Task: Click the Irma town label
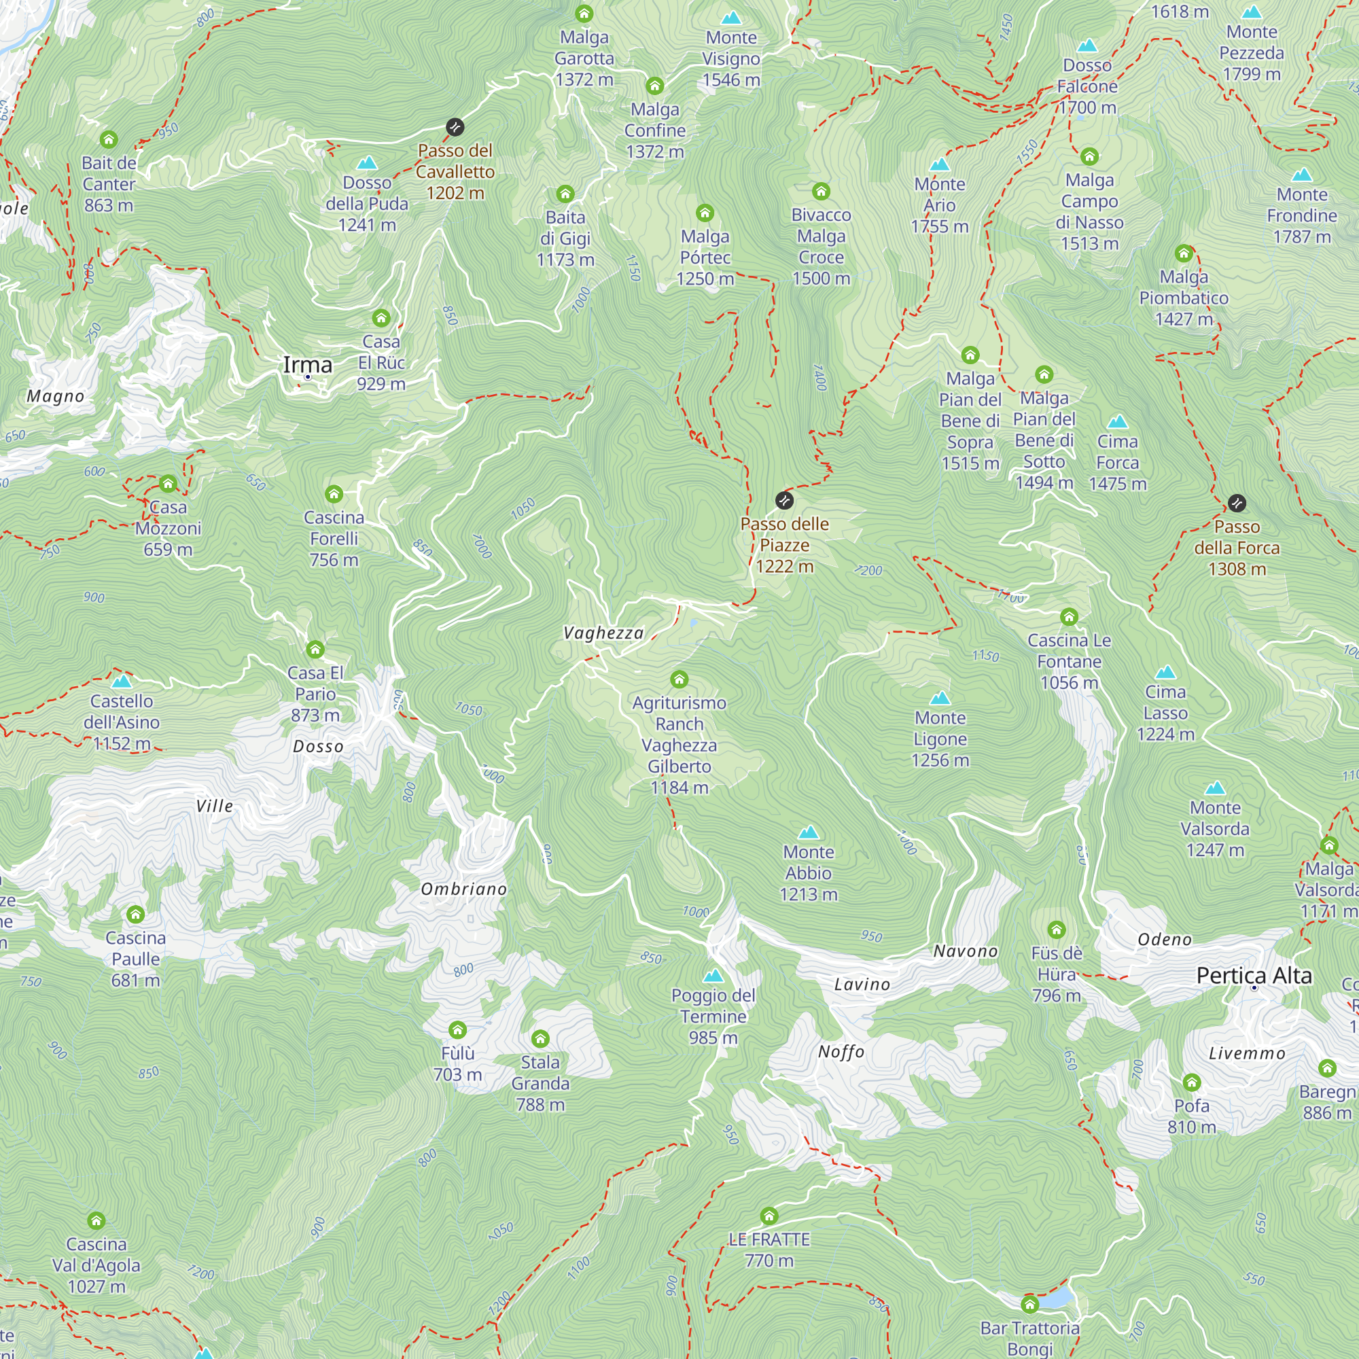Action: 307,364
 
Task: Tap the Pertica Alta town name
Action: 1254,976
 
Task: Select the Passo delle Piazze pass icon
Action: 784,500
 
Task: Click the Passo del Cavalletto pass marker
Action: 455,127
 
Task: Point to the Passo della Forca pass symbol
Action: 1237,503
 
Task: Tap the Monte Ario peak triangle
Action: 940,164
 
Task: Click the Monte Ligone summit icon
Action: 940,699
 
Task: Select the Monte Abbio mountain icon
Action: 808,832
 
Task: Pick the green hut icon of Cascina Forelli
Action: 334,494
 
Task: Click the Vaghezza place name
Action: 603,633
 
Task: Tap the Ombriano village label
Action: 463,889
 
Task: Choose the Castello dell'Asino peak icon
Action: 122,681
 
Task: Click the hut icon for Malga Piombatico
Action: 1184,253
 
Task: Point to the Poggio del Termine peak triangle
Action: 713,976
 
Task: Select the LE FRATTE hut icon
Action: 769,1216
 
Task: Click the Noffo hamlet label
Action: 841,1053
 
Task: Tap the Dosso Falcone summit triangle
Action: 1087,46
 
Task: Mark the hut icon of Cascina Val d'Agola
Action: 96,1220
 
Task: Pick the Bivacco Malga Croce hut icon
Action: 821,192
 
